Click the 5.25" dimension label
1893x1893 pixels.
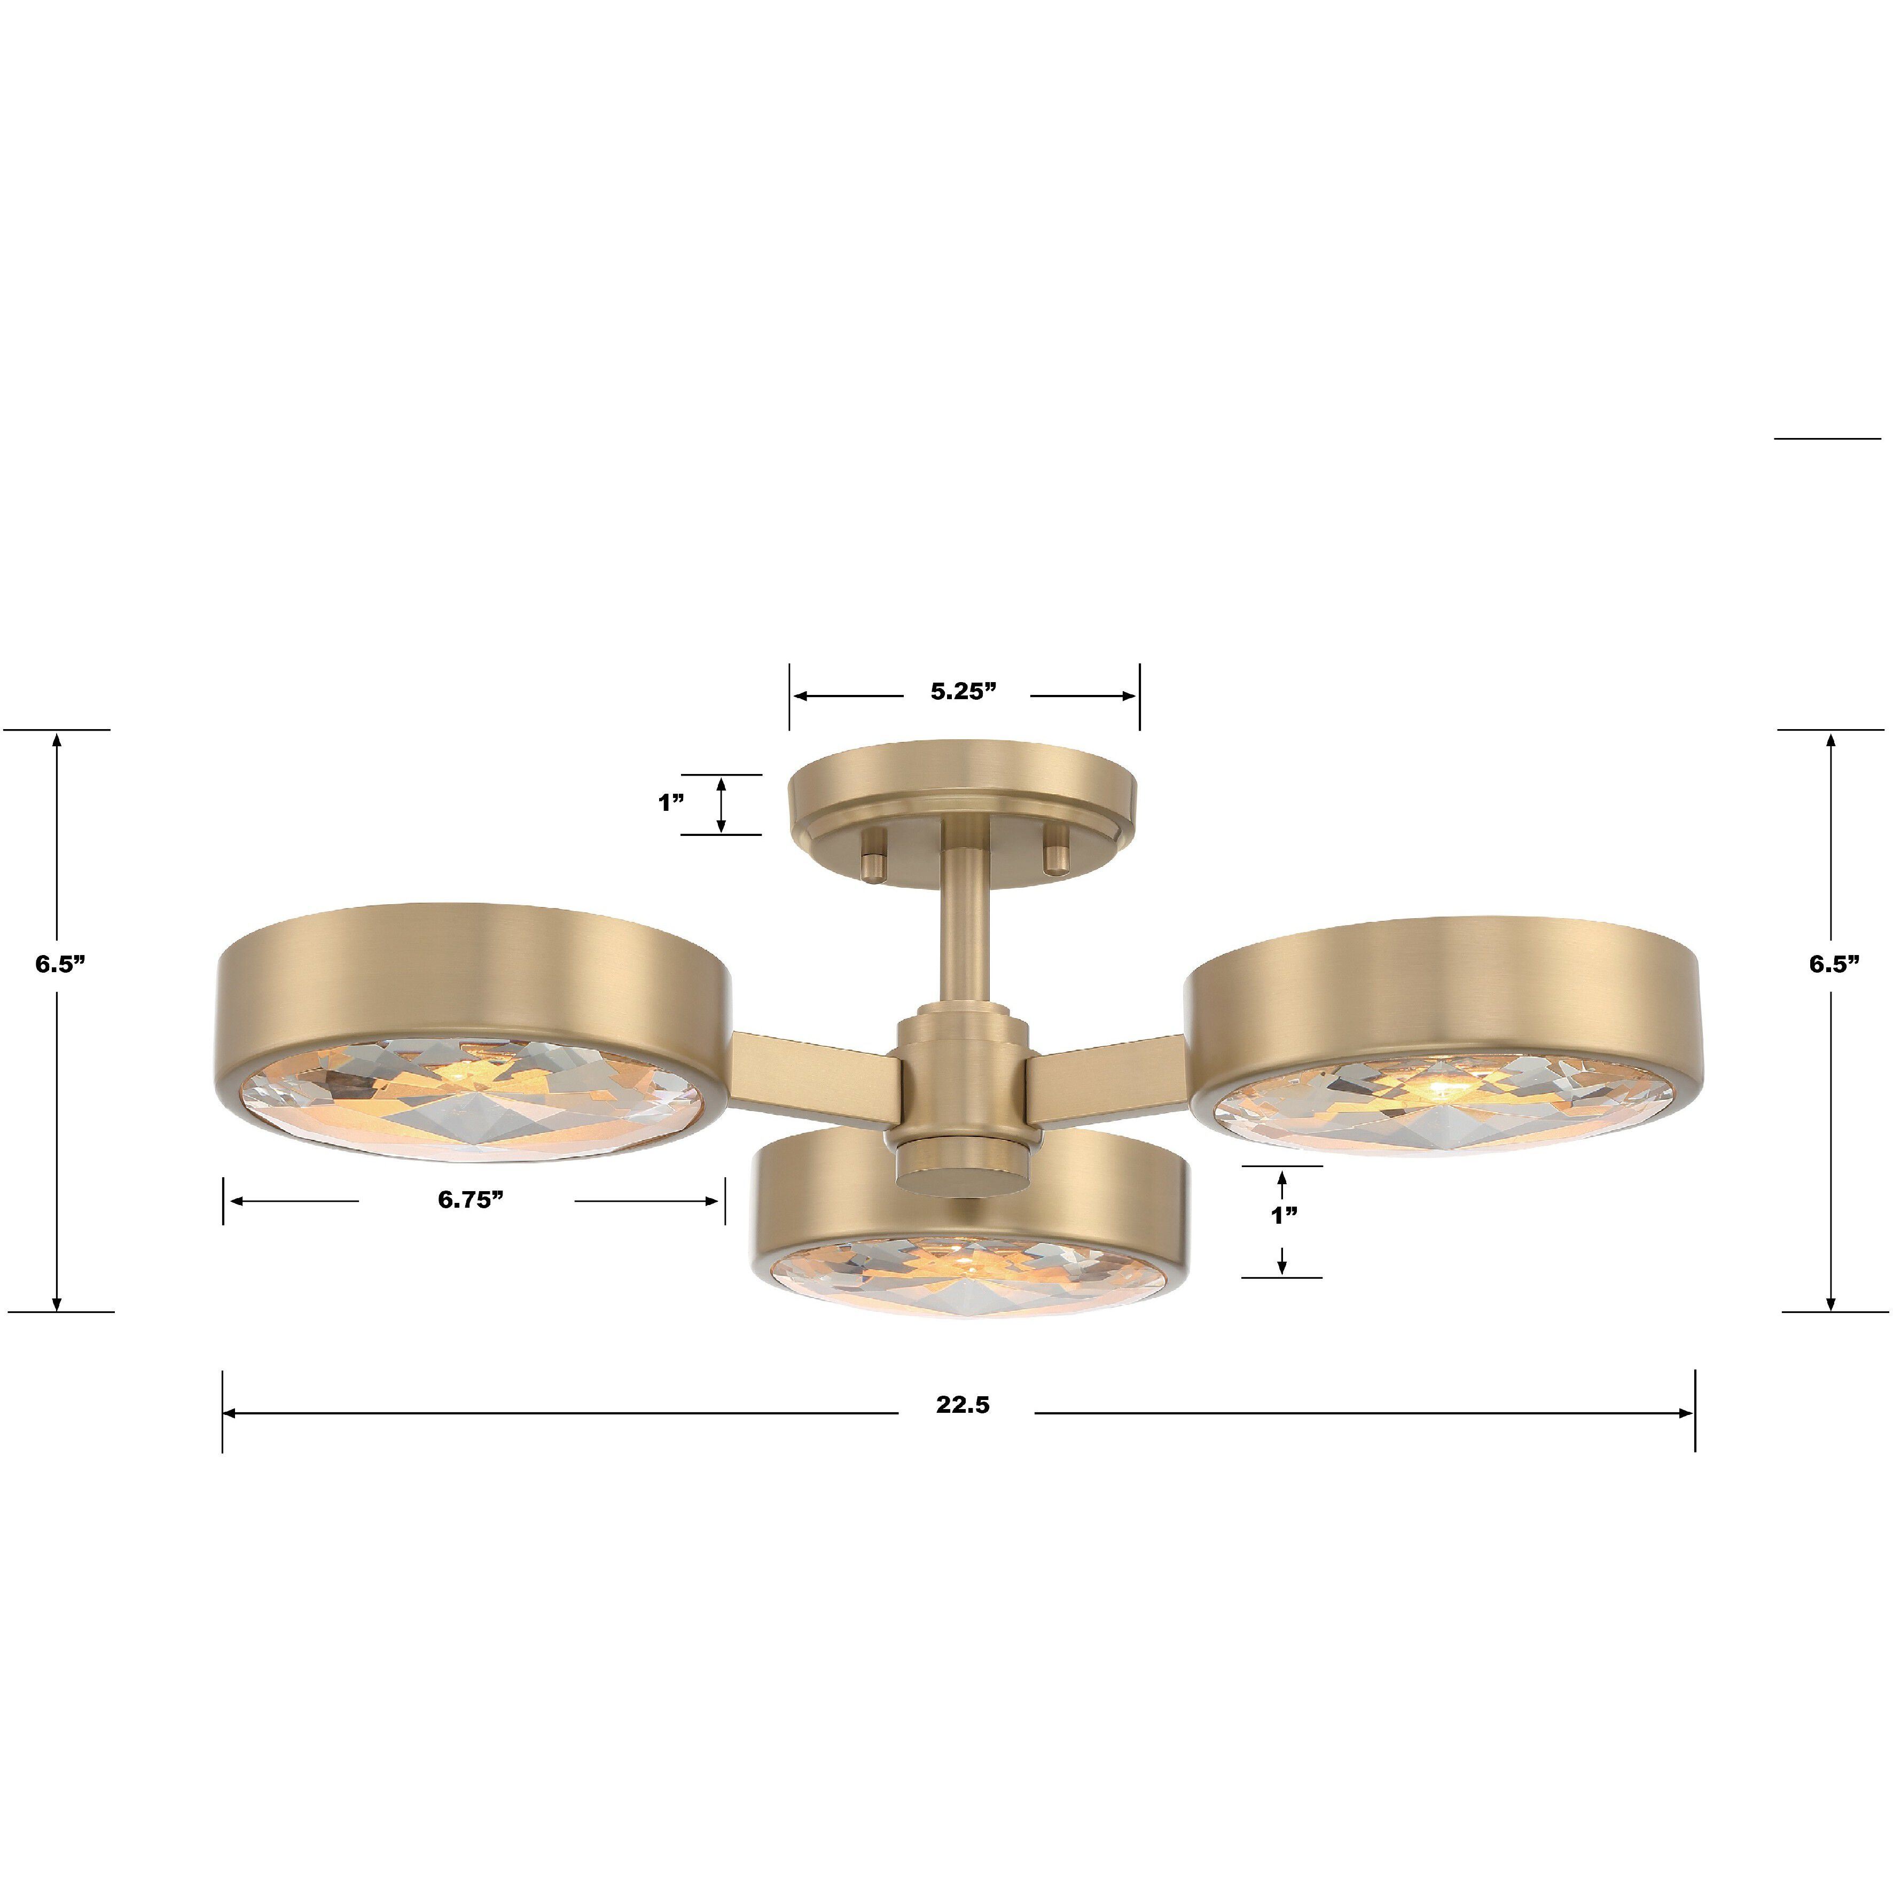963,691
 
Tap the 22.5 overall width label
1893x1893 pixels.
962,1405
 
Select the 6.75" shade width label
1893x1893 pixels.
470,1200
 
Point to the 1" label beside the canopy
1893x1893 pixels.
671,803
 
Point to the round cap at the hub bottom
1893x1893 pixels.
963,1174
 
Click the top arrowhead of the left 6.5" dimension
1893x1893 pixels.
57,741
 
